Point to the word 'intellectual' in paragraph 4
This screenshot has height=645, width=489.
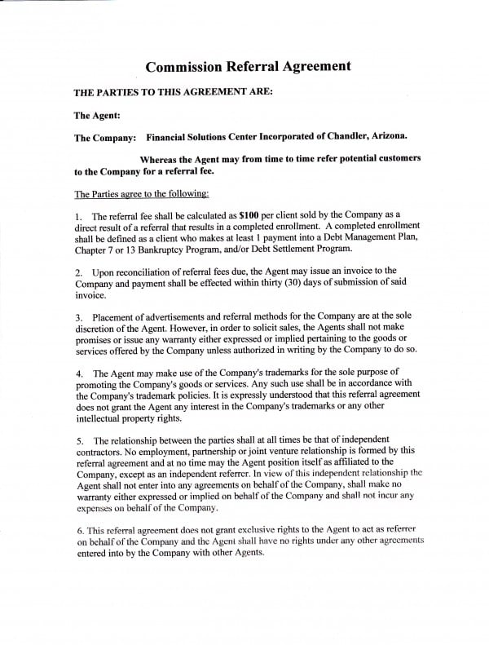100,419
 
